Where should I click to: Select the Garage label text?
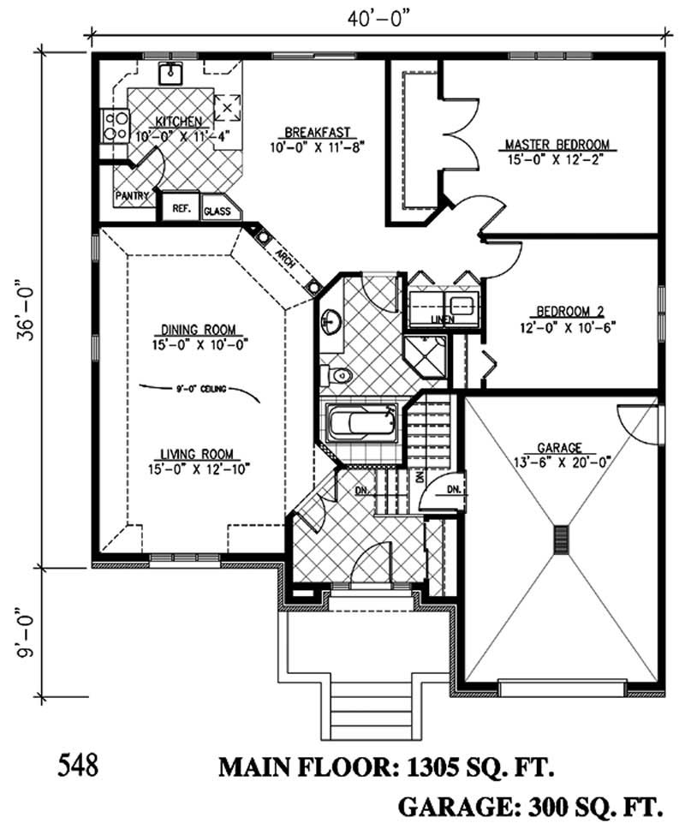pyautogui.click(x=560, y=447)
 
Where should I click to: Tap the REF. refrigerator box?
pyautogui.click(x=181, y=208)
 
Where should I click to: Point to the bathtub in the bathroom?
pyautogui.click(x=357, y=425)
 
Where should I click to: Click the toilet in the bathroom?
pyautogui.click(x=337, y=375)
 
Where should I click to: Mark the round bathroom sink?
pyautogui.click(x=331, y=322)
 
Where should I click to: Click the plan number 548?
pyautogui.click(x=79, y=763)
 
